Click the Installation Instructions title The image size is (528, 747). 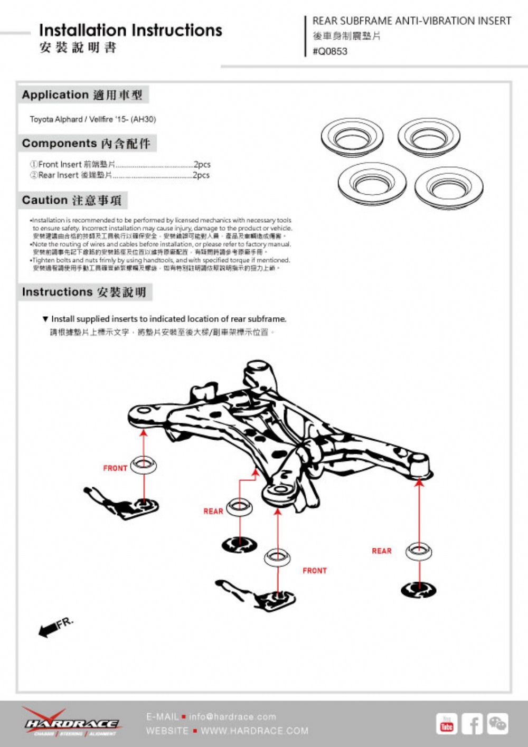[x=130, y=30]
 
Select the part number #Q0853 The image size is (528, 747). [x=330, y=51]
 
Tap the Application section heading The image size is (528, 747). [x=82, y=95]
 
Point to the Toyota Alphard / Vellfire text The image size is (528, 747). [x=93, y=119]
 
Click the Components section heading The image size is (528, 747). [x=86, y=144]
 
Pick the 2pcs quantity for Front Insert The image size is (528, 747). [x=202, y=164]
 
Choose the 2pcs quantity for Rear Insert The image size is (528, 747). [x=201, y=175]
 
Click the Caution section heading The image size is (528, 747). [x=72, y=201]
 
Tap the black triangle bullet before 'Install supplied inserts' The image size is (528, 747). [x=45, y=319]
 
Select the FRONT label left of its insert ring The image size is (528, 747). [x=115, y=468]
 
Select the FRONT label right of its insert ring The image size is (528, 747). [x=315, y=571]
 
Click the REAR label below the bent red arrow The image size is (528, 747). [x=213, y=511]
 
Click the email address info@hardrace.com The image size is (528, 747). [x=232, y=717]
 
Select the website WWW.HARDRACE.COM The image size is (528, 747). [x=254, y=731]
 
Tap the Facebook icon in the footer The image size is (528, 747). [x=472, y=724]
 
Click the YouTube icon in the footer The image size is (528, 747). [x=447, y=724]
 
